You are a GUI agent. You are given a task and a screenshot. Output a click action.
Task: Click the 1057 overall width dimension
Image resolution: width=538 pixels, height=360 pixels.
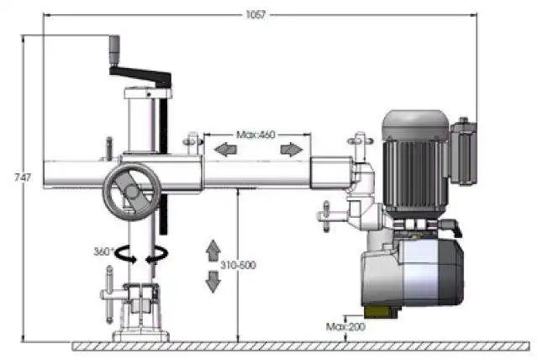coord(256,15)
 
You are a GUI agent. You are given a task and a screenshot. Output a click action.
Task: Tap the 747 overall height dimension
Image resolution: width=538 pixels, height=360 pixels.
coord(23,177)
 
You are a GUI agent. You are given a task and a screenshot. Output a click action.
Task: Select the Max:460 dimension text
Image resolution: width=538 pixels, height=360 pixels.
coord(256,135)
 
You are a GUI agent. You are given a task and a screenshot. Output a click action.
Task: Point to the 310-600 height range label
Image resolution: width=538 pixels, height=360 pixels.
coord(238,265)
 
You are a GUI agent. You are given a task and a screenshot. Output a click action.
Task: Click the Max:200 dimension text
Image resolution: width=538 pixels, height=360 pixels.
coord(345,326)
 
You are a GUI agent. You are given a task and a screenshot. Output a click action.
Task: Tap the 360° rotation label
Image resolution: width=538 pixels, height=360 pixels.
coord(103,251)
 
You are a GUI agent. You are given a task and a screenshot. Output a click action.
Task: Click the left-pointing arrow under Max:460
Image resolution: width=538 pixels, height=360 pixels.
coord(225,150)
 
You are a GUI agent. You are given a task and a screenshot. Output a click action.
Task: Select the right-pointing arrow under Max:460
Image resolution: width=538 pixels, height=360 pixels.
coord(292,150)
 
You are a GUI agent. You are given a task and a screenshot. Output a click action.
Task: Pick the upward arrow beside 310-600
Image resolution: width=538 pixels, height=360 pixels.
coord(213,250)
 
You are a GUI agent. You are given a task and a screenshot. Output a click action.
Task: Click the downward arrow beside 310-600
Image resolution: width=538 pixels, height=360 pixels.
coord(213,282)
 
